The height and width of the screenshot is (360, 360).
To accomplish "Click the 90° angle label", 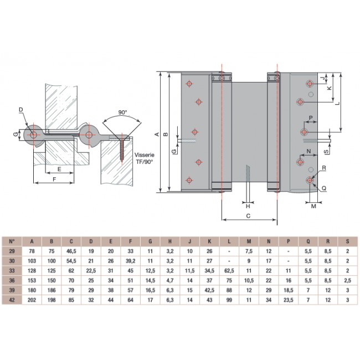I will coord(122,112).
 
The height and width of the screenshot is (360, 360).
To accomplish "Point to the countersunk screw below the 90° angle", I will coord(122,145).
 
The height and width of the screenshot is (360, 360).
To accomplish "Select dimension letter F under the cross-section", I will coord(53,180).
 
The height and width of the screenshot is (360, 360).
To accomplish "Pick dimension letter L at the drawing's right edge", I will coord(337,102).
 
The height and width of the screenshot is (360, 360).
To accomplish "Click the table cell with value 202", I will coord(32,300).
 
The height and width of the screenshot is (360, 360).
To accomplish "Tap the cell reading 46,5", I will coord(71,251).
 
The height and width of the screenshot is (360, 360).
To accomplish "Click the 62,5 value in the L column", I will coord(229,270).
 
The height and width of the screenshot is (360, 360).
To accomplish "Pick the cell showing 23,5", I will coord(288,300).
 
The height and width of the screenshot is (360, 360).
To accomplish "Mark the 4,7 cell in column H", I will coord(170,280).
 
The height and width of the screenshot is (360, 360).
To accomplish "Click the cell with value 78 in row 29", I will coord(32,251).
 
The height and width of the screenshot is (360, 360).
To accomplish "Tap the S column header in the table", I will coord(347,241).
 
